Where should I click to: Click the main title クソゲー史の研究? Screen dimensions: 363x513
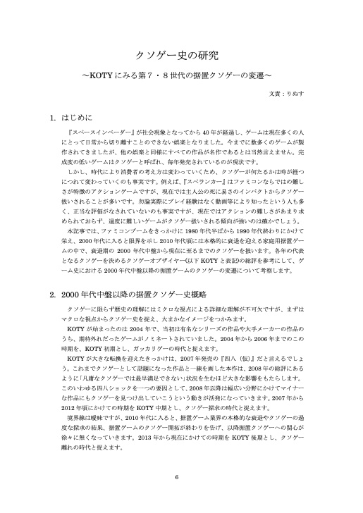(x=181, y=56)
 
